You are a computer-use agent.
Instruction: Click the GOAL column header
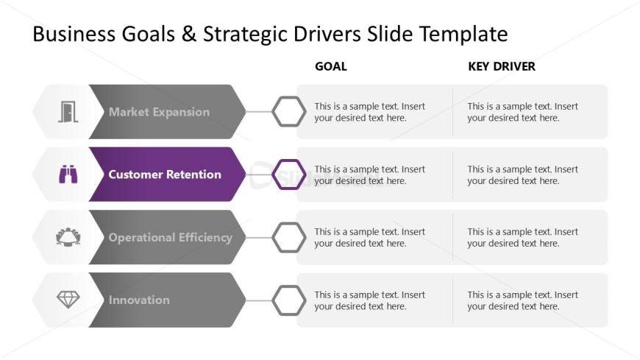[330, 66]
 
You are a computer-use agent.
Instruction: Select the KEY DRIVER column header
[501, 66]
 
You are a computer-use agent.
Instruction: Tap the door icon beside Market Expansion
[68, 112]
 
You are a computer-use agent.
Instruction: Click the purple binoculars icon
[68, 174]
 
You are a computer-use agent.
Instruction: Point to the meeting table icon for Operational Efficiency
[68, 237]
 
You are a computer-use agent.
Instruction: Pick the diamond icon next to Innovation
[68, 300]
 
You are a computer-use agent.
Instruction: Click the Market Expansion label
[159, 112]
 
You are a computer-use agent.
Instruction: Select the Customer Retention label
[165, 174]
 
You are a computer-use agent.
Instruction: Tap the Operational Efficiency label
[170, 237]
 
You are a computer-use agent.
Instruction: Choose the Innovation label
[139, 300]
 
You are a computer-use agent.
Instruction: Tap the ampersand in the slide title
[188, 34]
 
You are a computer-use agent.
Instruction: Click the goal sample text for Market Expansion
[369, 112]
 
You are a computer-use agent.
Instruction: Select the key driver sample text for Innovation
[522, 300]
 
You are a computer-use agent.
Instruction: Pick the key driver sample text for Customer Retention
[522, 175]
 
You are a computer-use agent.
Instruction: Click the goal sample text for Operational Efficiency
[369, 237]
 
